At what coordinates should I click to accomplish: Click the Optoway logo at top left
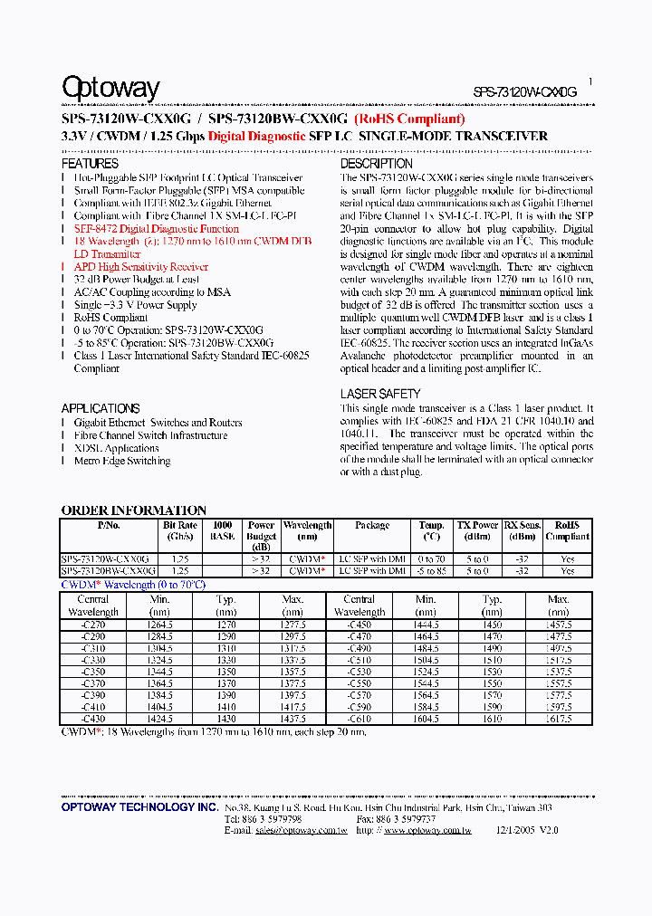[110, 88]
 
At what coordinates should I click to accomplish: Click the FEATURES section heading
[90, 164]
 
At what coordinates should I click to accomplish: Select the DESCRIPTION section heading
[377, 164]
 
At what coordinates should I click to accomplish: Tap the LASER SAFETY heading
[380, 394]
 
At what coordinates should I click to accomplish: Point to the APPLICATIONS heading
[101, 408]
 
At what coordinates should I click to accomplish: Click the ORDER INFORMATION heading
[133, 510]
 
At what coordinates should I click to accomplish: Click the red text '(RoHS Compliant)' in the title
[409, 119]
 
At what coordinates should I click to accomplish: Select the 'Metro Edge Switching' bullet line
[122, 461]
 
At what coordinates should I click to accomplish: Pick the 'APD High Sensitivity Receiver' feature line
[141, 267]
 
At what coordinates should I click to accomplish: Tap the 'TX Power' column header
[477, 525]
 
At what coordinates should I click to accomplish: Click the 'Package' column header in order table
[372, 525]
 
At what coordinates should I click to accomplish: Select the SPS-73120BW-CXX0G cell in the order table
[109, 571]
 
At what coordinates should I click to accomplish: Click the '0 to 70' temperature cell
[432, 559]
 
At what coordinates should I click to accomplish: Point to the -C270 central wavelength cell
[93, 625]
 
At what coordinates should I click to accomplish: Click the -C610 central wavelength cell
[360, 719]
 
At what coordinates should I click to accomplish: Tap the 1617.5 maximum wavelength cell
[559, 719]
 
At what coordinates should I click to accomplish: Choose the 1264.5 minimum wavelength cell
[159, 625]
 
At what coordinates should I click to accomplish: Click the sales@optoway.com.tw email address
[301, 830]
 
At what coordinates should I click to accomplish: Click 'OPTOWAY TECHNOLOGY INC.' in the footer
[139, 806]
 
